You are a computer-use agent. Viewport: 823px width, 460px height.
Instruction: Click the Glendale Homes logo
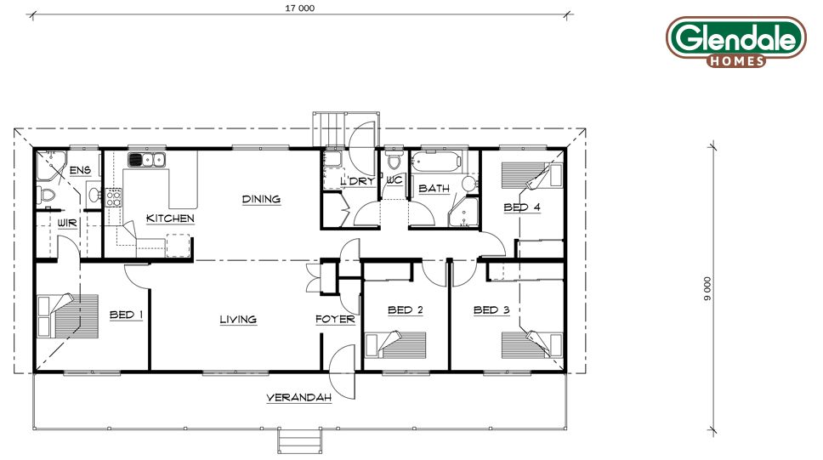[x=736, y=42]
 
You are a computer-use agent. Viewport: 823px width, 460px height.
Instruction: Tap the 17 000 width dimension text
[x=300, y=8]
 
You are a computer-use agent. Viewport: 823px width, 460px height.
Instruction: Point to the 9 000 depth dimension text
[x=707, y=288]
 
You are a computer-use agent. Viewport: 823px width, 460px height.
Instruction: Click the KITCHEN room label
[x=170, y=218]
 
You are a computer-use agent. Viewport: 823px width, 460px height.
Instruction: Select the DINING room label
[x=261, y=199]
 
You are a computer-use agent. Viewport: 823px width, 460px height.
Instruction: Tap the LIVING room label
[x=238, y=319]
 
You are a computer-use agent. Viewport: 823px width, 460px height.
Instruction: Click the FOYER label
[x=335, y=319]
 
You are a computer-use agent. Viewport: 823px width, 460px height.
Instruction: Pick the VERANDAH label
[x=298, y=398]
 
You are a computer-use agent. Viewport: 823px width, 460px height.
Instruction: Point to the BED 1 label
[x=126, y=315]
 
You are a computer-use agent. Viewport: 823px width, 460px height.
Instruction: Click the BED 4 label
[x=522, y=207]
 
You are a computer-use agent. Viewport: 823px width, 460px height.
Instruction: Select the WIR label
[x=66, y=223]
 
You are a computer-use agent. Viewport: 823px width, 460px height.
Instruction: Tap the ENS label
[x=80, y=170]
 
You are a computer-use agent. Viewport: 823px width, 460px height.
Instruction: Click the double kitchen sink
[x=146, y=160]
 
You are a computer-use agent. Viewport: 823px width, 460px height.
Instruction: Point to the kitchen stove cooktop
[x=113, y=197]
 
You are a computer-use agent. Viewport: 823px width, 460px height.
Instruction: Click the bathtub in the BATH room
[x=435, y=162]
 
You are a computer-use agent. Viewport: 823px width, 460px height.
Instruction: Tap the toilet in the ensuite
[x=46, y=196]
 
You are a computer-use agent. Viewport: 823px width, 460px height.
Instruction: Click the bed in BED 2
[x=395, y=344]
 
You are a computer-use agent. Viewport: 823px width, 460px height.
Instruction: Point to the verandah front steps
[x=300, y=440]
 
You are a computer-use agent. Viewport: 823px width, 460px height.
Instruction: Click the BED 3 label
[x=491, y=310]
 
